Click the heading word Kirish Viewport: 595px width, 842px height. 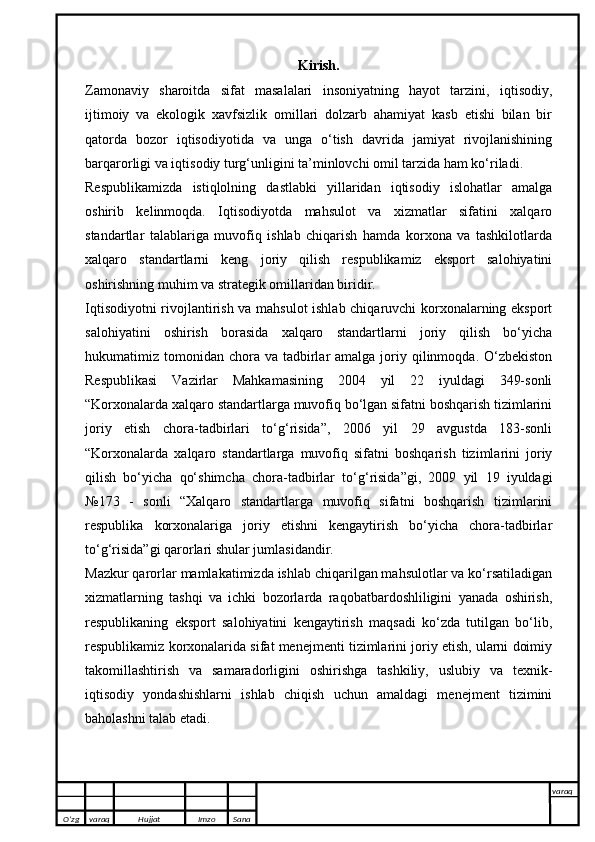[x=318, y=67]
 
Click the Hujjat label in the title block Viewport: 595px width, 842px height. [x=150, y=818]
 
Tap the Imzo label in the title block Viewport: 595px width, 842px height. [x=206, y=818]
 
